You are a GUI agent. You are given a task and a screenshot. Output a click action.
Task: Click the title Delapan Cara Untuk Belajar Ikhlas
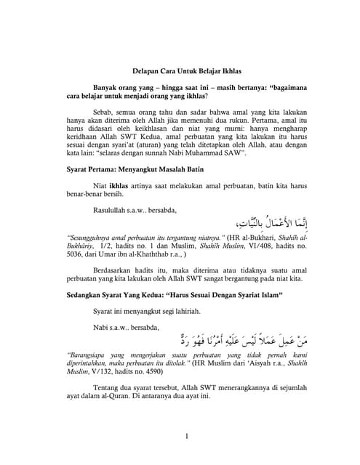[x=180, y=72]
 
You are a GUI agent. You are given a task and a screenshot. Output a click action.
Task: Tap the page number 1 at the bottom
[x=187, y=436]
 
